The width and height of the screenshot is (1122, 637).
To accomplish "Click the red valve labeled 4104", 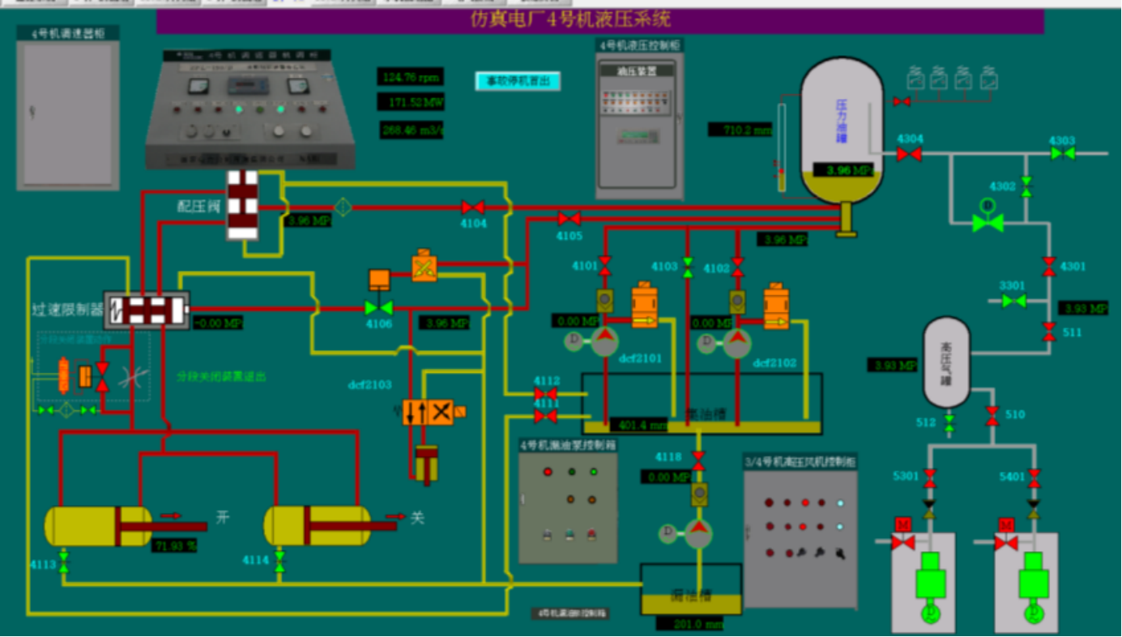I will [x=473, y=207].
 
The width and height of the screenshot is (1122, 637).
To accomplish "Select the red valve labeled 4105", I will [x=570, y=218].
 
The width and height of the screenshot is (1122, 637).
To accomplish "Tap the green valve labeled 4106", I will [x=378, y=308].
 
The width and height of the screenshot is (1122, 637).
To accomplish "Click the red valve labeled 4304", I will [x=909, y=154].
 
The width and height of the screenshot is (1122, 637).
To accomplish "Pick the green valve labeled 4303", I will [x=1062, y=153].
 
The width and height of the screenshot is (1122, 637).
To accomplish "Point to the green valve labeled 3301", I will [x=1013, y=301].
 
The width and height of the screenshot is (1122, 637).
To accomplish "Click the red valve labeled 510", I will [x=992, y=416].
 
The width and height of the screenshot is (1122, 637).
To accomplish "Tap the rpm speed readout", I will [x=411, y=77].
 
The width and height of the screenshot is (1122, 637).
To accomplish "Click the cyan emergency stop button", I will [x=518, y=82].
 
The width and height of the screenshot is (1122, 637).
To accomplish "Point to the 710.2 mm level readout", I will [x=740, y=129].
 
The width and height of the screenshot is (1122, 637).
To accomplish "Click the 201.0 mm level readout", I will [x=689, y=624].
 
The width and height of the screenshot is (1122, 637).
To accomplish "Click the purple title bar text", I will [x=570, y=19].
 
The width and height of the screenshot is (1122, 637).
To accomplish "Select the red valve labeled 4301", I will [x=1049, y=266].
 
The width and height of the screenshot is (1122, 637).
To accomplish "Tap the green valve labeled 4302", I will [x=1026, y=186].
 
